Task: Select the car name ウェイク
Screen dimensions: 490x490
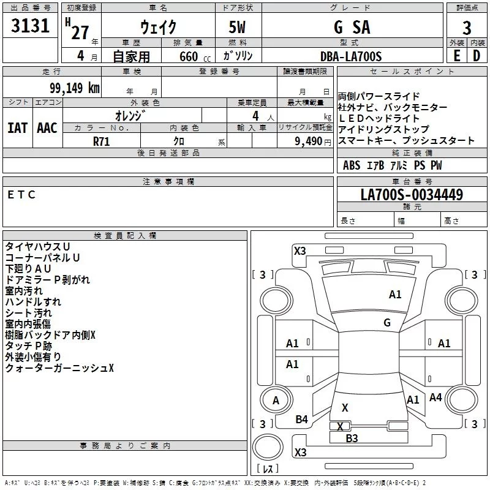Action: (x=158, y=27)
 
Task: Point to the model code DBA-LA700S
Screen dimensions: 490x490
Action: (x=350, y=56)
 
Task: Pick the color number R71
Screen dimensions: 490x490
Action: (x=102, y=141)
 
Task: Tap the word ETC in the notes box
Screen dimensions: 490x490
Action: (x=22, y=195)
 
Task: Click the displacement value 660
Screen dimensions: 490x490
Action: (x=189, y=56)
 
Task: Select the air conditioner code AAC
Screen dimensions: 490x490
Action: (x=47, y=128)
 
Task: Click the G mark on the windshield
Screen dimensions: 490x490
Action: (x=386, y=322)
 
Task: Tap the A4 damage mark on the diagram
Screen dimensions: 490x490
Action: (x=435, y=398)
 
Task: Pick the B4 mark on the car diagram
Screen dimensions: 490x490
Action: (x=301, y=419)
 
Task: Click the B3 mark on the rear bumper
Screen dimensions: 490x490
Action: (x=352, y=438)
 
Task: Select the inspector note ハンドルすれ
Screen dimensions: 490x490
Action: (x=33, y=301)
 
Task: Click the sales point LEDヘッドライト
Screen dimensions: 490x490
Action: (x=379, y=118)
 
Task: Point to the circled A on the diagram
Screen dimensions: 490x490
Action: (x=276, y=401)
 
